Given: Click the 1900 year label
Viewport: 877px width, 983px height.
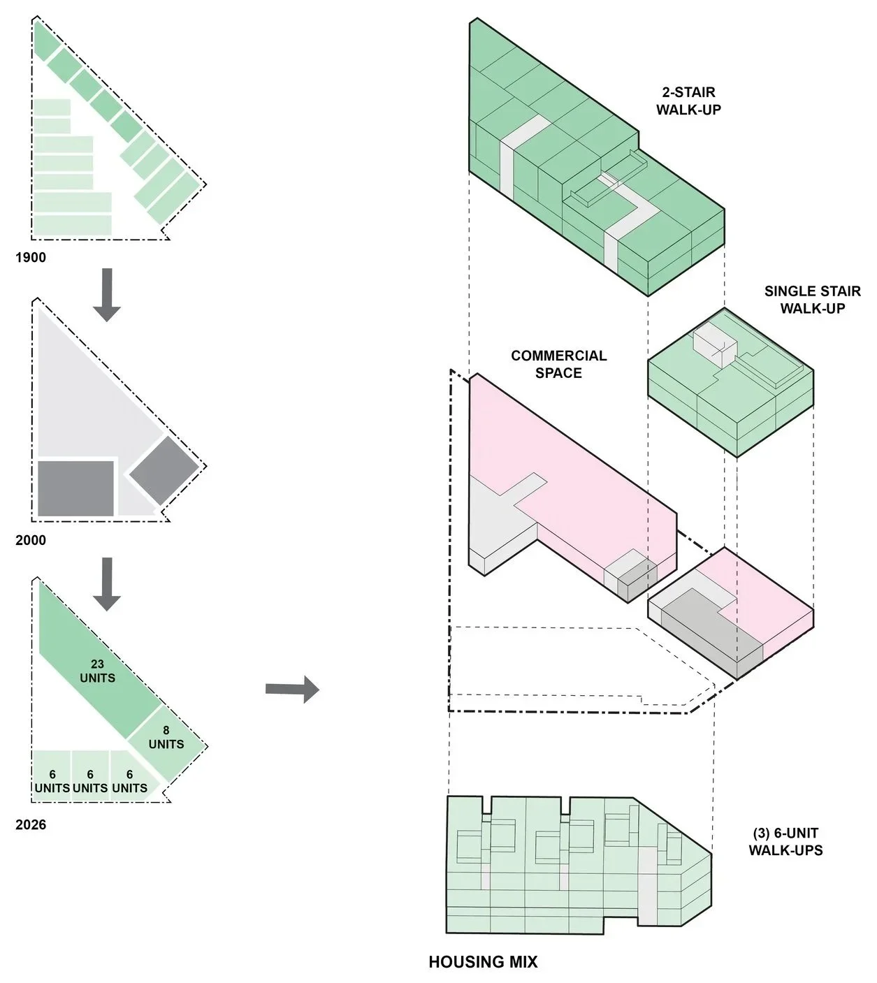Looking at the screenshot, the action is [31, 258].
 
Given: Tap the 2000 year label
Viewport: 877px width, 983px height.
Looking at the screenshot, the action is [31, 540].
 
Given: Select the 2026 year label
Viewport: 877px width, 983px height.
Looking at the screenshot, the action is [31, 824].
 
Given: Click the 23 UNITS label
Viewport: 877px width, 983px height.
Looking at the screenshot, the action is [98, 671].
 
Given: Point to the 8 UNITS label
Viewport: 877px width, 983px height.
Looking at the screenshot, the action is [166, 737].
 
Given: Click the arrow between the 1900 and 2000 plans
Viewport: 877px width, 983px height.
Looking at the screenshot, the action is [107, 295].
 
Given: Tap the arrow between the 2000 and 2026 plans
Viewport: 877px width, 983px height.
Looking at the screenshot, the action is [107, 583].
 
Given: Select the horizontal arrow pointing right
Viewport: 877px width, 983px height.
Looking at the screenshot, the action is [292, 689].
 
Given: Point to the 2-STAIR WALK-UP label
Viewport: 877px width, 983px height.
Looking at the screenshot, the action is [689, 101].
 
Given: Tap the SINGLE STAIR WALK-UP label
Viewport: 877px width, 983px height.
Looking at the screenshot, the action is [813, 299].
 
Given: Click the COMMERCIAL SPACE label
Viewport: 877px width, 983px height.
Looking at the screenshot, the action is [558, 365].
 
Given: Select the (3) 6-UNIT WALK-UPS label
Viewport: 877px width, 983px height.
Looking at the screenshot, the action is [785, 842].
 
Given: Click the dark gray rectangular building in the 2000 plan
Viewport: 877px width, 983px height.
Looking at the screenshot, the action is [75, 488].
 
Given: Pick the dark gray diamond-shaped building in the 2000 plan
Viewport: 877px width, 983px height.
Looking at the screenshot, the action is [164, 470].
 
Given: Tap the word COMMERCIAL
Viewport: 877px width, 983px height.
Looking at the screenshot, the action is [558, 356].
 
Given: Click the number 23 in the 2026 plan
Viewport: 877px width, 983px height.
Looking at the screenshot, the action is [97, 664].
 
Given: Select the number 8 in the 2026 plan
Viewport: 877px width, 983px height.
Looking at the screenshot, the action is [166, 730].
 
